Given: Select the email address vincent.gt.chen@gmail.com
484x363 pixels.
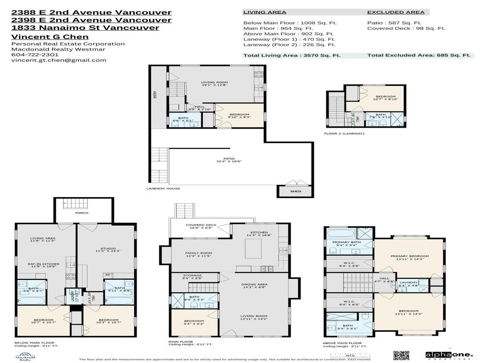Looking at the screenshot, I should click(59, 60).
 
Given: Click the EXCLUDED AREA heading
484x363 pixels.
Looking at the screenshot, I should click(396, 12).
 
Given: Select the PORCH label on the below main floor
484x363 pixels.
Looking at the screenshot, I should click(82, 213).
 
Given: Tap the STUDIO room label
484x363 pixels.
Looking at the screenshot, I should click(108, 249).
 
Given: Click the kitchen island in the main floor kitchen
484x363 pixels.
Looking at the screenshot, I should click(253, 249).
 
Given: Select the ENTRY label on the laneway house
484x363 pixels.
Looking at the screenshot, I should click(155, 95).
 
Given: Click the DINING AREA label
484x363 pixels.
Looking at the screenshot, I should click(256, 285).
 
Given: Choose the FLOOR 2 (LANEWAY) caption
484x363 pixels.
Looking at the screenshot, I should click(344, 134).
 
